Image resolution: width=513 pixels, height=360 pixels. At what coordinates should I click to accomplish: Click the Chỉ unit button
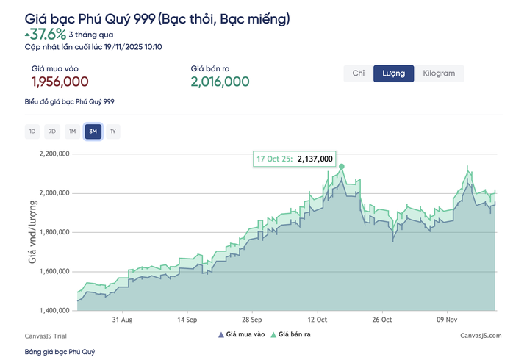tap(359, 73)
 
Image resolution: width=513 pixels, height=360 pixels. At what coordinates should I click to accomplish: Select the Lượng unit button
tap(394, 73)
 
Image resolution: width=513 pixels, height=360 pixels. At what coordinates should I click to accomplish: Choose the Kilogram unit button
tap(439, 73)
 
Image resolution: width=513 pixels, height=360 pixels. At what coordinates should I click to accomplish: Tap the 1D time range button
tap(32, 132)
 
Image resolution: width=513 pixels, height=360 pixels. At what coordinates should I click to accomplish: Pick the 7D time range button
tap(52, 132)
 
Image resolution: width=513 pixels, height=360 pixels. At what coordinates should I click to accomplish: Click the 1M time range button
tap(72, 132)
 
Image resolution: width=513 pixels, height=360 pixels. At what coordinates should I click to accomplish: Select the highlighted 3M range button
tap(93, 132)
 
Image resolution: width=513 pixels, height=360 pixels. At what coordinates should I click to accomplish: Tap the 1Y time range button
tap(112, 132)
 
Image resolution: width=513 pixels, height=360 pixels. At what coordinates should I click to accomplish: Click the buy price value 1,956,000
tap(60, 82)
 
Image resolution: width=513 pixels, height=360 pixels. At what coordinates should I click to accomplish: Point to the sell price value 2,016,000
tap(220, 82)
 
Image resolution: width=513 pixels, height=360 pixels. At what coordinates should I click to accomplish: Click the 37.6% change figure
tap(48, 34)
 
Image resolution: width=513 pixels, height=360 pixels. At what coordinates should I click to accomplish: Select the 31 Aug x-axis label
tap(122, 320)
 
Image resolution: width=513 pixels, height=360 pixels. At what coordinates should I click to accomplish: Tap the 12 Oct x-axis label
tap(318, 320)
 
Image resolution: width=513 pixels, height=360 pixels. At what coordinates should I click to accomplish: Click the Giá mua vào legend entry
tap(240, 335)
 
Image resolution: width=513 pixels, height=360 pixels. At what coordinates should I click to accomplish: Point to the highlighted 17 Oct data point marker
tap(341, 167)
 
